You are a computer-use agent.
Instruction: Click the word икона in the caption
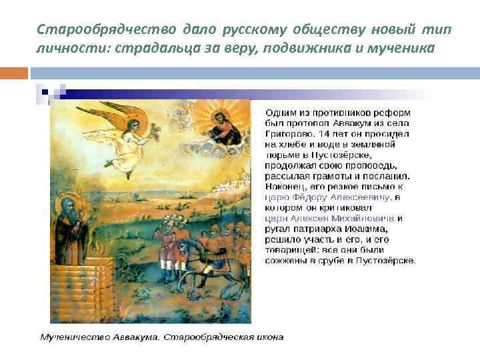pos(267,337)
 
